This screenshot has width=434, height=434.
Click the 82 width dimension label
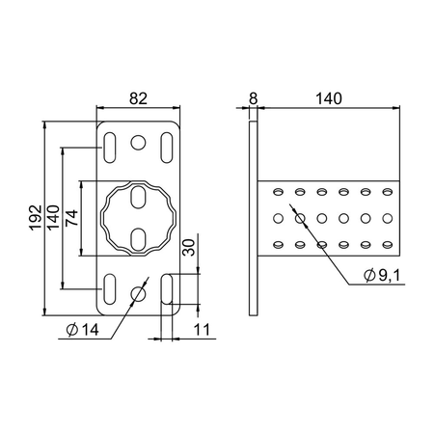coord(138,98)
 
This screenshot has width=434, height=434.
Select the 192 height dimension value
coord(36,217)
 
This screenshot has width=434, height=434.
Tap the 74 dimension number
coord(71,218)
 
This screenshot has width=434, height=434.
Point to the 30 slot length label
coord(188,247)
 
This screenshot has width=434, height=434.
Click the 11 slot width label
coord(202,330)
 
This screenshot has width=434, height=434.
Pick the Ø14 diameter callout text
coord(82,330)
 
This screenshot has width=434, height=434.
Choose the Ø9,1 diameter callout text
coord(382,275)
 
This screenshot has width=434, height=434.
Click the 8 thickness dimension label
coord(254,98)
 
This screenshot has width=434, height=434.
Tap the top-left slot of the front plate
coord(110,148)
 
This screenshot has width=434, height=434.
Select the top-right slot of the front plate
coord(167,148)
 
